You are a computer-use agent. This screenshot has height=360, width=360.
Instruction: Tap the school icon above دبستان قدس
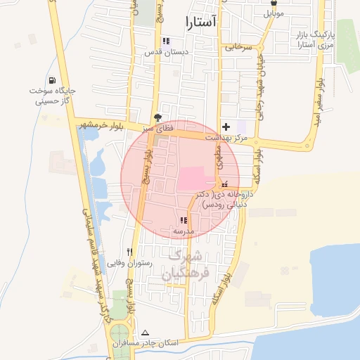click(x=166, y=41)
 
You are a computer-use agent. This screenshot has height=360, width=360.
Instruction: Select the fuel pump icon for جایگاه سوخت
click(x=53, y=79)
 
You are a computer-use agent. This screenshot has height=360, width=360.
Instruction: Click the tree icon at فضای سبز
click(x=157, y=118)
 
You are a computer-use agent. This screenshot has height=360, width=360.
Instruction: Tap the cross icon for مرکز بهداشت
click(x=225, y=127)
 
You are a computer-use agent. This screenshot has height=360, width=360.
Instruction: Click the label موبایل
click(x=272, y=13)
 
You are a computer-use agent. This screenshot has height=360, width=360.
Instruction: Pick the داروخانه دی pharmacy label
click(x=226, y=199)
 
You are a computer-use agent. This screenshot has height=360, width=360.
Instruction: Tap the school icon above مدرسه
click(x=184, y=220)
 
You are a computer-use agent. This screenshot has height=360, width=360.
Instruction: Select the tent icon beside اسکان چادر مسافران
click(x=146, y=333)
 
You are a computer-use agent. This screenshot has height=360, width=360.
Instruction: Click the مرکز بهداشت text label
click(x=226, y=139)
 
